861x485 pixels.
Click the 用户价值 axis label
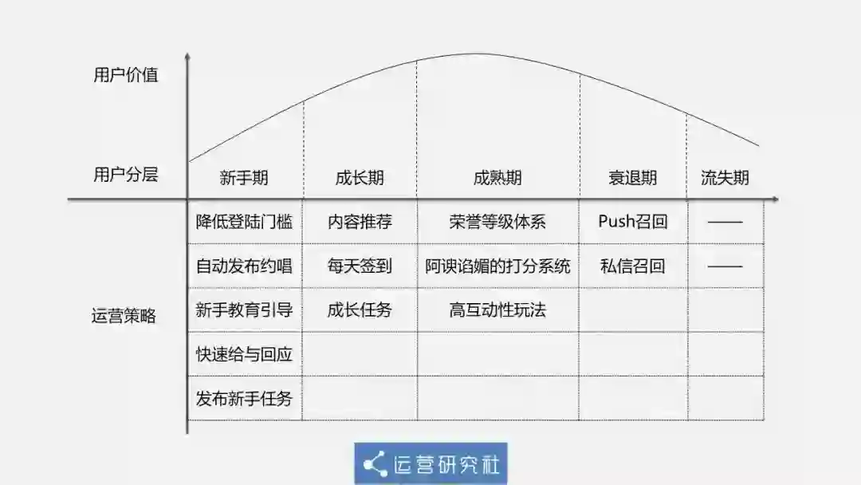point(125,75)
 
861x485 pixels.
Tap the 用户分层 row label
point(125,175)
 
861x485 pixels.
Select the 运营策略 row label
point(124,316)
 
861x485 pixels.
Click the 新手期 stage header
point(244,177)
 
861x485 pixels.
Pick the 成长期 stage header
point(360,177)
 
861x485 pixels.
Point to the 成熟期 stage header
point(497,177)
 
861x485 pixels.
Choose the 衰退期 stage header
point(633,177)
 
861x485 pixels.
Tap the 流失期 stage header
point(725,177)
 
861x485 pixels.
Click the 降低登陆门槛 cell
point(244,222)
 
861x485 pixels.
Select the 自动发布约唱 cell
point(244,266)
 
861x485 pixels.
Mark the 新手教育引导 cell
point(244,310)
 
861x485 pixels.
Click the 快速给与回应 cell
point(244,353)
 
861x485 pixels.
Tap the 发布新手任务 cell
point(244,397)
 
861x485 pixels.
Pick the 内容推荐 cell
point(360,222)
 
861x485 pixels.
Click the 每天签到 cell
point(360,266)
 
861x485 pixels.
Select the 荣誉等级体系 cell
point(497,222)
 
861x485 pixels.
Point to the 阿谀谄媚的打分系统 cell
point(497,266)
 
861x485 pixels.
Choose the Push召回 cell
point(633,222)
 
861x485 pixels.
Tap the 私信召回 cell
point(633,266)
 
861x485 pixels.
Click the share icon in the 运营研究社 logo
point(374,463)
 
